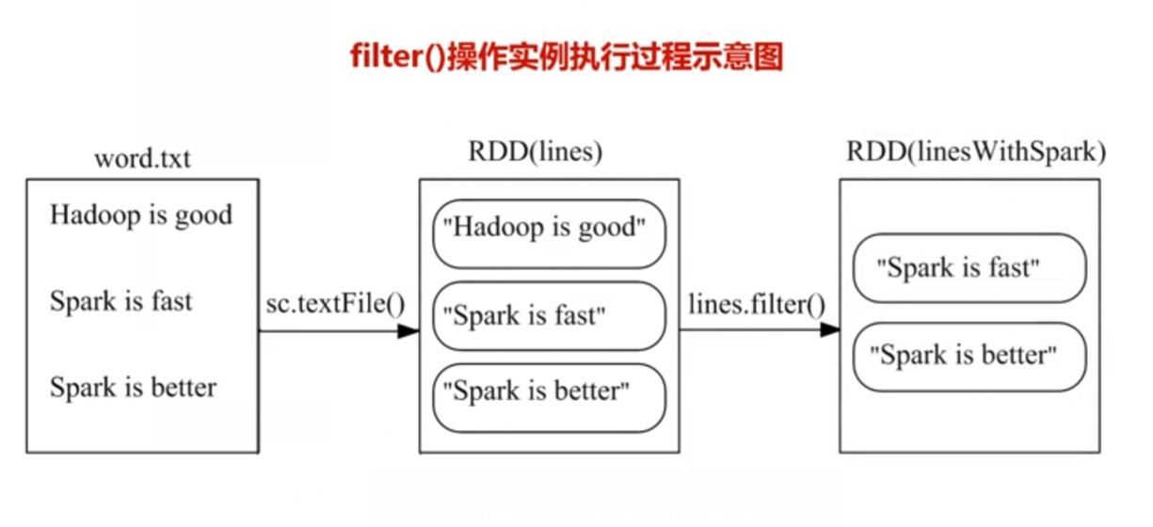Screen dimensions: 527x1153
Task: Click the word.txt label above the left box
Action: [x=142, y=158]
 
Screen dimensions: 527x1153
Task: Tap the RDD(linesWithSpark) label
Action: [x=974, y=152]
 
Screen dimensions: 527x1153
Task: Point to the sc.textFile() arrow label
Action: [x=335, y=304]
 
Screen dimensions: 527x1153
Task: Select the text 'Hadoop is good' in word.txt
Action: [x=140, y=216]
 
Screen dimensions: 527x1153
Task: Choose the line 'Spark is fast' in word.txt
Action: [x=120, y=302]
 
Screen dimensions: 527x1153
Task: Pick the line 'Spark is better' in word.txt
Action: [x=133, y=387]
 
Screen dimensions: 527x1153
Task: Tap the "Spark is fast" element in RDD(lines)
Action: [x=549, y=315]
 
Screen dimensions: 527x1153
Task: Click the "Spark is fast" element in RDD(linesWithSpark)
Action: [x=969, y=268]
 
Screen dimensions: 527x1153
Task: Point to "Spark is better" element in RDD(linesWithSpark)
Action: [x=969, y=356]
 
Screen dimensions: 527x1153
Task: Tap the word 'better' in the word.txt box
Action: [x=185, y=387]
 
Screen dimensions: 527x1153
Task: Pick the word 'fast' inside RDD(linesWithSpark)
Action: [x=1015, y=268]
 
